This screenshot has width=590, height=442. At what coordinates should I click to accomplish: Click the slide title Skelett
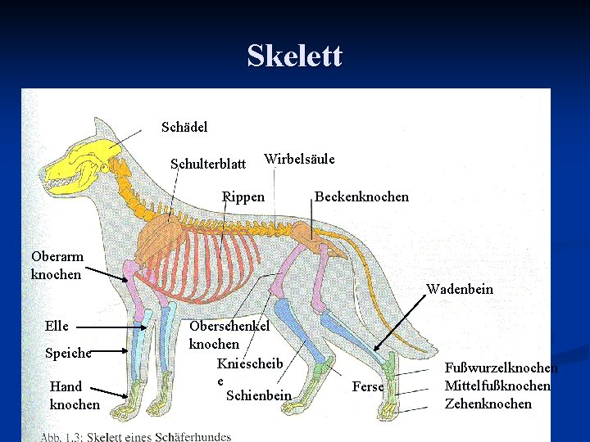point(294,56)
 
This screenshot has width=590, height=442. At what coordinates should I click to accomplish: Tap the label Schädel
point(184,127)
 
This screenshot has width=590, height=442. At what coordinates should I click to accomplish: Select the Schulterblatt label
point(207,164)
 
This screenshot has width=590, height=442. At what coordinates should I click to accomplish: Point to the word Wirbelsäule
point(299,159)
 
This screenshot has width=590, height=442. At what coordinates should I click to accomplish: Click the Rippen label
point(243,196)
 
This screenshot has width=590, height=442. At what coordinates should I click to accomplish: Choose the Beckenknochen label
point(361,196)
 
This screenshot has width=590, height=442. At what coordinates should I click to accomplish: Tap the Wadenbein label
point(459,289)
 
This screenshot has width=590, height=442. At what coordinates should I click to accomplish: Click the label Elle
point(57,326)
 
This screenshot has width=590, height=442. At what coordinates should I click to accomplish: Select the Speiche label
point(68,354)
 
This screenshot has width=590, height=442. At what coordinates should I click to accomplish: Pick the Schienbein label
point(258,396)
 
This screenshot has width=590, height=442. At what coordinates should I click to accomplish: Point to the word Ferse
point(367,386)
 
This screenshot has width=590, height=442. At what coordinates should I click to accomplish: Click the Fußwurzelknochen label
point(501,368)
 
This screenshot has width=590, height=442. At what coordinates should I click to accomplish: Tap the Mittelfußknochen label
point(497,386)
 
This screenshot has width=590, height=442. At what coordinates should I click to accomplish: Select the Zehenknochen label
point(488,404)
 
